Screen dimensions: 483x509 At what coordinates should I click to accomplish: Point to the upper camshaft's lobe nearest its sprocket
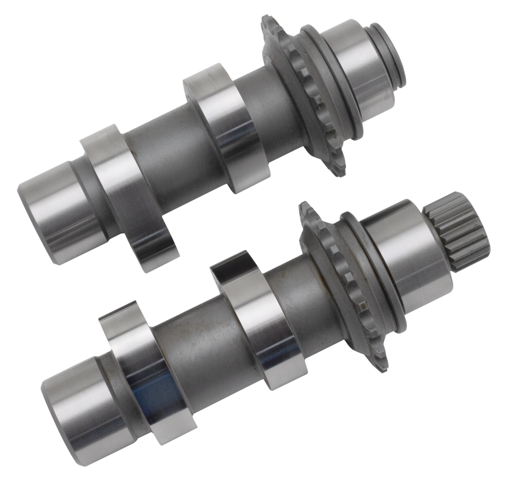tap(226, 128)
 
